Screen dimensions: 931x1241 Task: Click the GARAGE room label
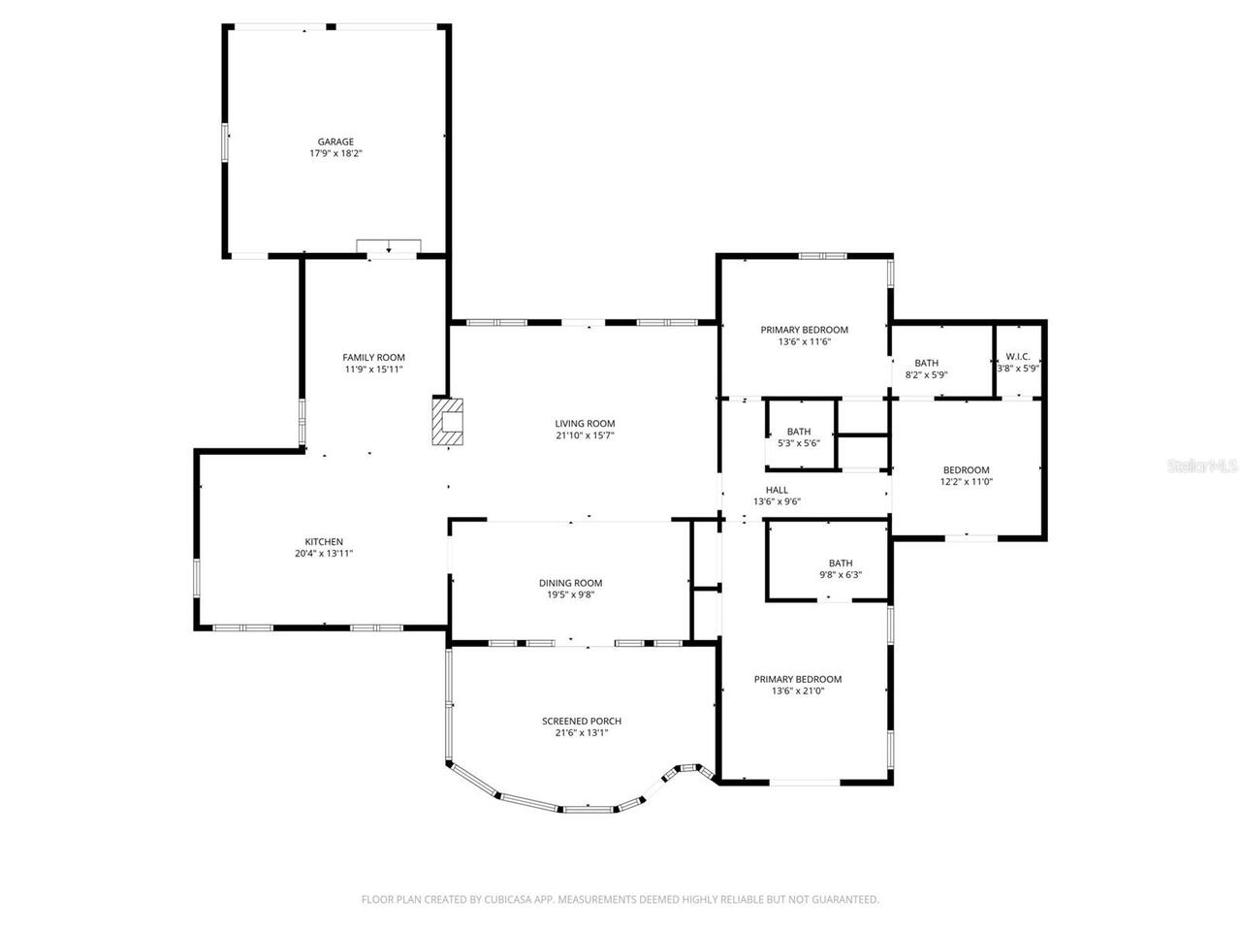pos(336,142)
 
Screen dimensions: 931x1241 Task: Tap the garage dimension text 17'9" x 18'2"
pos(336,153)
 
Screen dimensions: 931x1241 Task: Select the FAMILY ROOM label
pos(373,357)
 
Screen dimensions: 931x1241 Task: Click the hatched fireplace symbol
pos(448,422)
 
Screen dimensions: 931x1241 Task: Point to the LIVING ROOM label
pos(585,423)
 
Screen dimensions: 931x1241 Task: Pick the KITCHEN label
pos(324,541)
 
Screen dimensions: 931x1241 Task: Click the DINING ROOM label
pos(570,583)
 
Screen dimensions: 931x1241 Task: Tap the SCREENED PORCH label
pos(581,721)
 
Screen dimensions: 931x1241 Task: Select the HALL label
pos(777,490)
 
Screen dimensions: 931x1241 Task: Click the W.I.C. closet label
pos(1017,356)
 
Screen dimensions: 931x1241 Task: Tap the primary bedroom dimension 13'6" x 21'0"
pos(798,691)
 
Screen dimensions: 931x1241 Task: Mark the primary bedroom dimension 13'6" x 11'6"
pos(804,341)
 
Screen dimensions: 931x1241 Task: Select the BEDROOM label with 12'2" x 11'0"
pos(966,470)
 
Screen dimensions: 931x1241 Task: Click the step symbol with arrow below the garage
pos(388,246)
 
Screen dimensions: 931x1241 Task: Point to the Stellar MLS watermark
pos(1201,466)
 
